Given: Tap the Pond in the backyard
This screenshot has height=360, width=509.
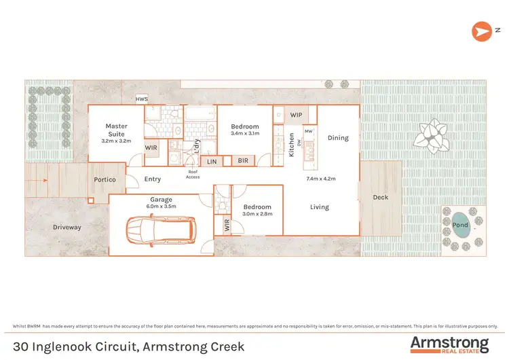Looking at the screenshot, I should (x=460, y=225).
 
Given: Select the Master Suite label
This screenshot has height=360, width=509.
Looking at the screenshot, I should (x=116, y=130).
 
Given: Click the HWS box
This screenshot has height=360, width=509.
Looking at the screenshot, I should (x=142, y=99).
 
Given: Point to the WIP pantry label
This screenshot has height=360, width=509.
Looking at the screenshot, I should (x=296, y=115).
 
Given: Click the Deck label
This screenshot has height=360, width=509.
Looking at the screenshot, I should (x=381, y=198).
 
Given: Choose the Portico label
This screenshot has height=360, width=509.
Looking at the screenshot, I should (x=105, y=179).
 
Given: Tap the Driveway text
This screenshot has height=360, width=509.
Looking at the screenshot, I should (x=67, y=227).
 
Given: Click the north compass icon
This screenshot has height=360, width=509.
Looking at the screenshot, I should (x=482, y=31).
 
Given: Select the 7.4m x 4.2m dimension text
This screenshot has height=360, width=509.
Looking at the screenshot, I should (x=321, y=179).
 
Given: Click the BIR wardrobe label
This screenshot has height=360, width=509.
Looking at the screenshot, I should (x=243, y=161).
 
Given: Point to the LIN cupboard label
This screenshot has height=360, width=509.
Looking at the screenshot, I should (x=212, y=161).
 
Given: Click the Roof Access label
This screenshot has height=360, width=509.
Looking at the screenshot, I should (x=193, y=175).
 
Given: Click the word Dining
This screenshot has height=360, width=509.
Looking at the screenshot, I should (x=338, y=138).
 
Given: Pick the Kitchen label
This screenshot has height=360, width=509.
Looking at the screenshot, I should (x=292, y=145).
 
